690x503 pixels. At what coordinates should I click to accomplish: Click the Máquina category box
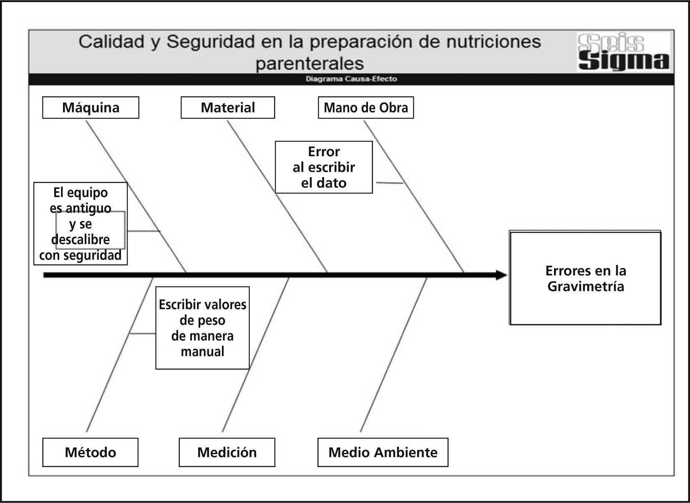[91, 108]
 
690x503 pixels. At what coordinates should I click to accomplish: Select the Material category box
[228, 108]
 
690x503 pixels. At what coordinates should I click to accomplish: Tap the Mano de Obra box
[366, 108]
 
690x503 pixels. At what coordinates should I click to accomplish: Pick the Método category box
[90, 452]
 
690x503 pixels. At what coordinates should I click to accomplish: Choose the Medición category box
[227, 452]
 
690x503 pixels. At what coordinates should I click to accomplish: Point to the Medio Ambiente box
[383, 452]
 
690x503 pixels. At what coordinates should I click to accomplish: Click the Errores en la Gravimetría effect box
[585, 278]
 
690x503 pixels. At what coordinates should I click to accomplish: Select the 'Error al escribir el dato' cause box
[324, 167]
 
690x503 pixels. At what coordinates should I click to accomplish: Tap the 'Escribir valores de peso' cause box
[202, 328]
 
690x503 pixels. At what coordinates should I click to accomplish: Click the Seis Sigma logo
[624, 52]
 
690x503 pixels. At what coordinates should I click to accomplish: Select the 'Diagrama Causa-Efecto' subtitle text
[351, 79]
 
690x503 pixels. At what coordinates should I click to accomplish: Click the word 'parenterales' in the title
[309, 64]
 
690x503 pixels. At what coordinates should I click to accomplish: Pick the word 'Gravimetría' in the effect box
[586, 287]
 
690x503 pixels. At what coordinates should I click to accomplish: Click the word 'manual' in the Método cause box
[202, 351]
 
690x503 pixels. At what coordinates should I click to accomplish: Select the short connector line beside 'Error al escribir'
[389, 183]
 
